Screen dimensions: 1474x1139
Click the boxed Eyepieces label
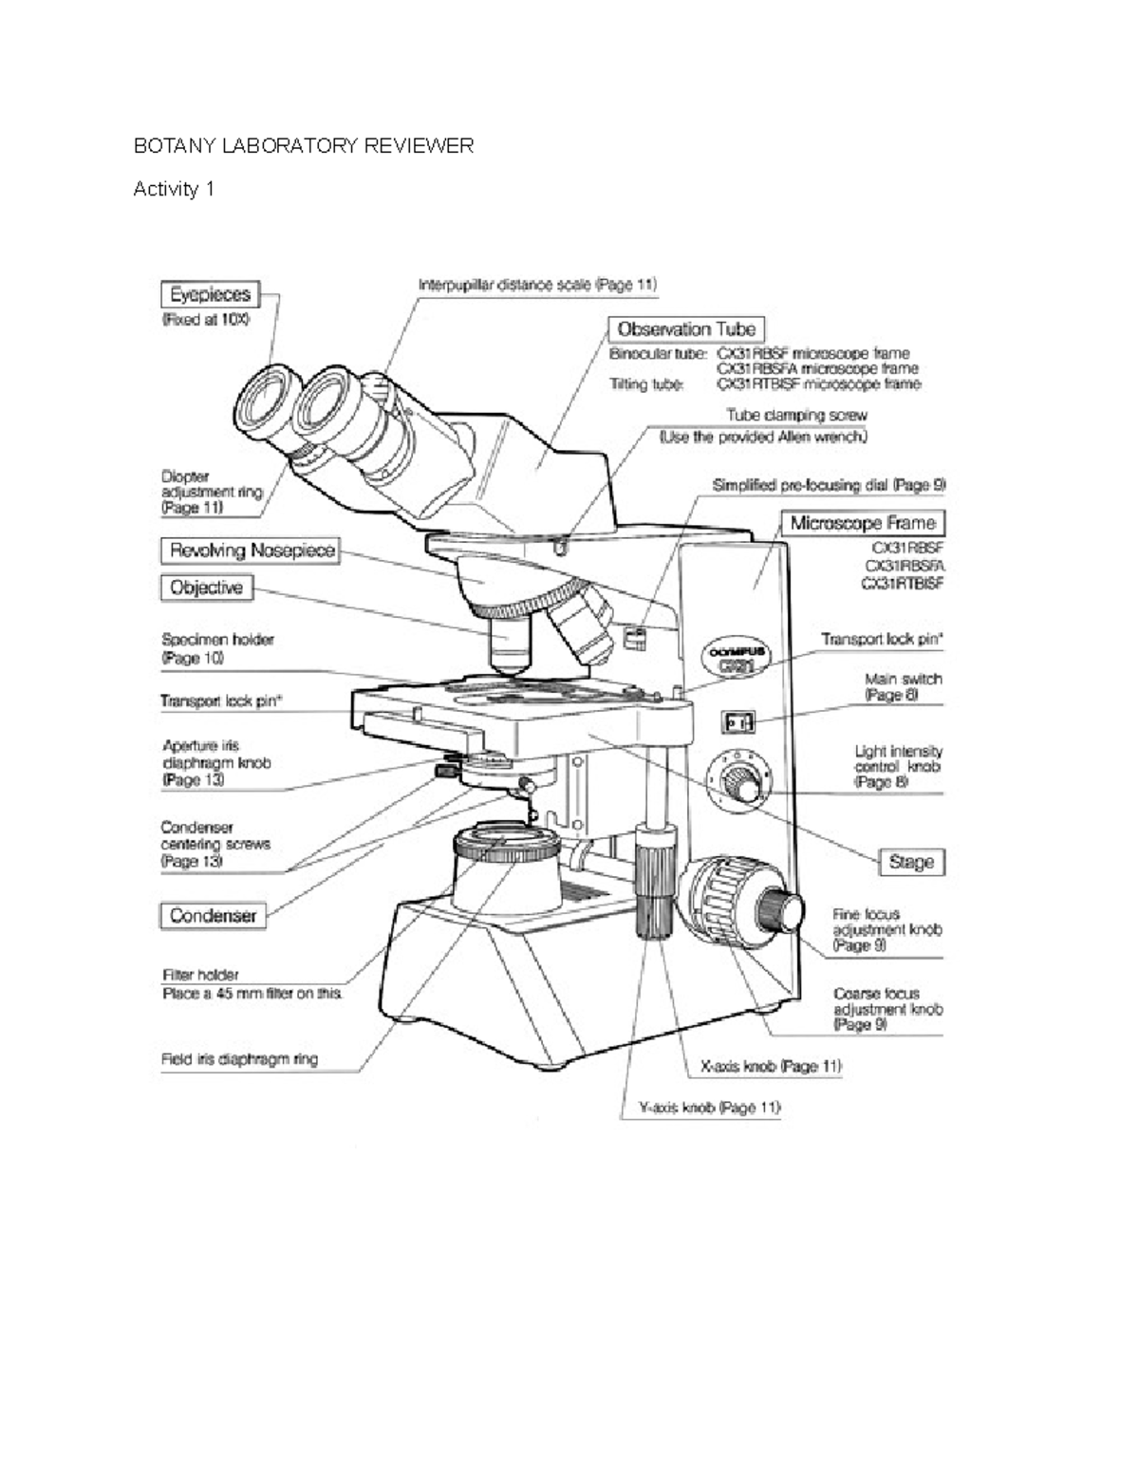click(x=210, y=295)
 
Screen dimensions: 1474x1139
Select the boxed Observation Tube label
click(x=685, y=329)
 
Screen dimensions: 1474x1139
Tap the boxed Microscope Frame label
click(x=862, y=523)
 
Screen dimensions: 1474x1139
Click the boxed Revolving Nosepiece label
click(x=252, y=550)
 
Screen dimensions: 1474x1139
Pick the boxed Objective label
click(x=206, y=588)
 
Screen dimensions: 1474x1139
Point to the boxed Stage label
click(x=911, y=862)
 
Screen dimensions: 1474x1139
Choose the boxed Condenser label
click(x=213, y=915)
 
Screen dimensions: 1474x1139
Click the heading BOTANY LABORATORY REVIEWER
click(x=303, y=146)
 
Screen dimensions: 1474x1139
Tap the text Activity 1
click(x=174, y=189)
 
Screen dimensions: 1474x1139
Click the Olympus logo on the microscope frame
click(x=737, y=658)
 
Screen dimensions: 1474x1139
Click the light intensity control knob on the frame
click(x=738, y=783)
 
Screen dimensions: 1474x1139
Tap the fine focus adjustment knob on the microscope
click(x=784, y=909)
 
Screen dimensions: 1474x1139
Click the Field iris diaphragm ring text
click(x=239, y=1059)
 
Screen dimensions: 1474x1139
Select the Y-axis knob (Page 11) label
click(x=703, y=1107)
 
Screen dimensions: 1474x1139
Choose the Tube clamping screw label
click(x=795, y=415)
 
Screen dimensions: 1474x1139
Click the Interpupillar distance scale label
click(x=536, y=284)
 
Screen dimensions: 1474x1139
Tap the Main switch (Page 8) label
click(x=903, y=686)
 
